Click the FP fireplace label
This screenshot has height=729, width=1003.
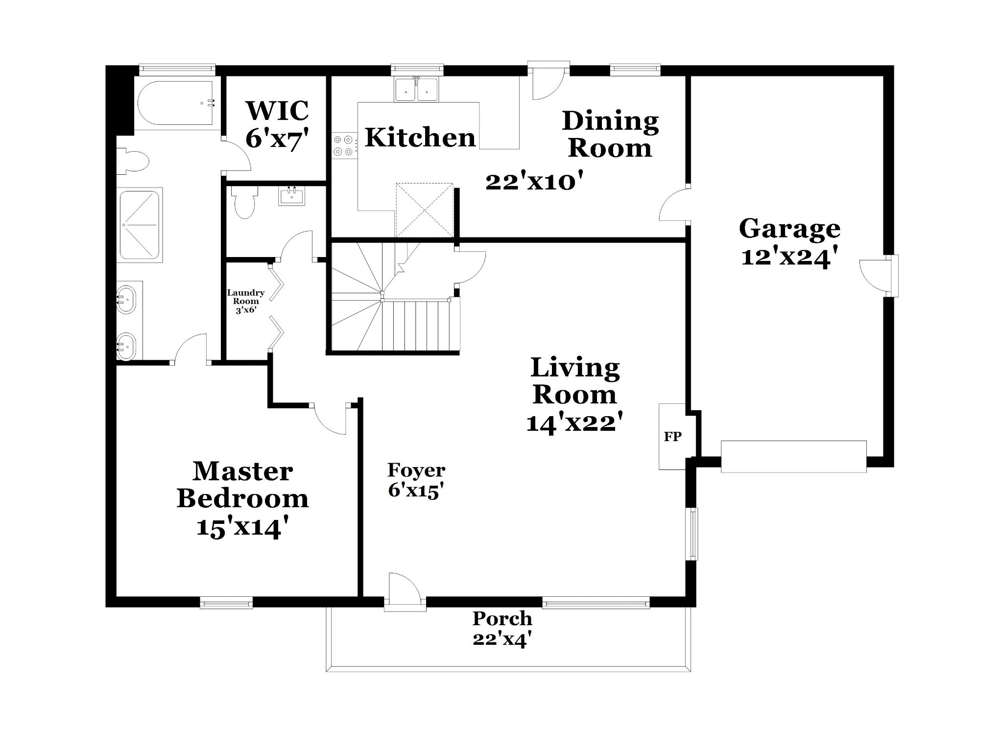pyautogui.click(x=672, y=436)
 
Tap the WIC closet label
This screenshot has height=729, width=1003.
pyautogui.click(x=277, y=110)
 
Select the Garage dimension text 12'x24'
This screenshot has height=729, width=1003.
pyautogui.click(x=786, y=257)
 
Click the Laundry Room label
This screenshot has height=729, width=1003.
pyautogui.click(x=245, y=297)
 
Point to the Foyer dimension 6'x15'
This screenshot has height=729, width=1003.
pyautogui.click(x=416, y=491)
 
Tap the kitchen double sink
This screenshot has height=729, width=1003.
pyautogui.click(x=417, y=90)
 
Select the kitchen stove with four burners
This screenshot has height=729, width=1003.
pyautogui.click(x=345, y=145)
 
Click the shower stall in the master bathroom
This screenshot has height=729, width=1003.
pyautogui.click(x=140, y=225)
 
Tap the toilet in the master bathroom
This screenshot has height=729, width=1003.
pyautogui.click(x=132, y=161)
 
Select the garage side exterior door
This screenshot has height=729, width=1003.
pyautogui.click(x=880, y=276)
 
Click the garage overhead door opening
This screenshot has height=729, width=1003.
pyautogui.click(x=793, y=457)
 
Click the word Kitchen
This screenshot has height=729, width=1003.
pyautogui.click(x=420, y=137)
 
